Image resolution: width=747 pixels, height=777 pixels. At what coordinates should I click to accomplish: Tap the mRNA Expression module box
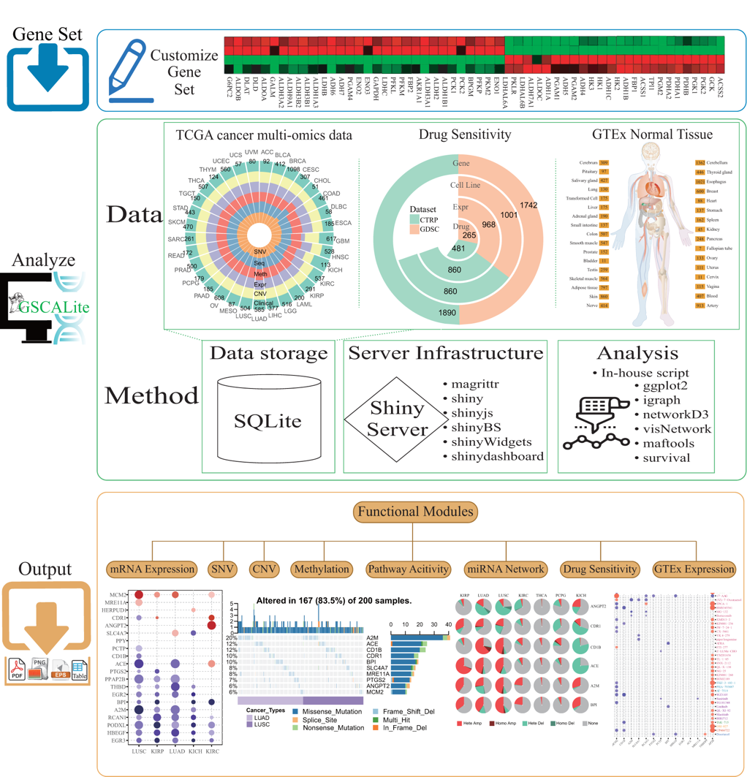(152, 569)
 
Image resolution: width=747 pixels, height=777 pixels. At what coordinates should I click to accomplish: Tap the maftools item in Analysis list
(668, 442)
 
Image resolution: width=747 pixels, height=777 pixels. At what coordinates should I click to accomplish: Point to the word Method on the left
(150, 395)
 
